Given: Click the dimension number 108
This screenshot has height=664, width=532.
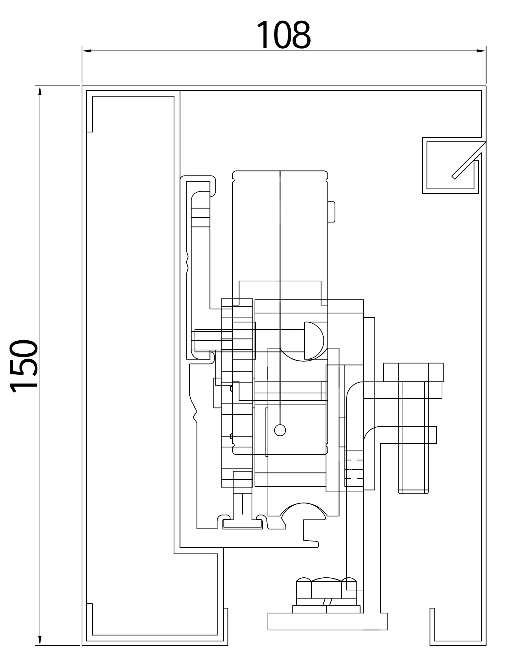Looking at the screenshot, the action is click(283, 35).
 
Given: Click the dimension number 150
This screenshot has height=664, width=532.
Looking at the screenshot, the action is click(24, 366).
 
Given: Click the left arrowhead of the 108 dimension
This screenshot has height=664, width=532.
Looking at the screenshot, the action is click(86, 51).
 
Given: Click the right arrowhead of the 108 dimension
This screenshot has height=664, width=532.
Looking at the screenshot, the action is click(481, 51).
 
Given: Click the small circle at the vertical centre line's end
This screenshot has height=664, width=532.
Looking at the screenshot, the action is click(280, 430).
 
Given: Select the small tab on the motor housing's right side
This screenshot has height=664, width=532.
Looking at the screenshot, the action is click(331, 212).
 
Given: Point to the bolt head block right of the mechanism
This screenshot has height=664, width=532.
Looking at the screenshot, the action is click(413, 372).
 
